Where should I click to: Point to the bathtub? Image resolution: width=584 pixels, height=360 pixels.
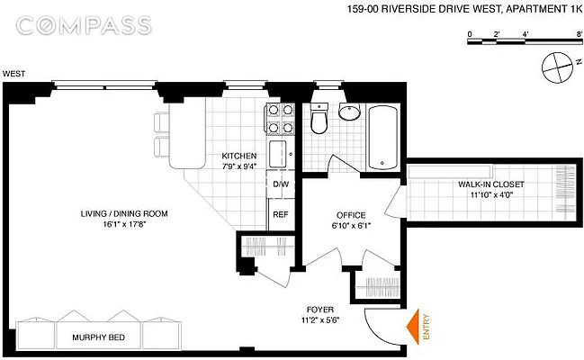pyautogui.click(x=382, y=137)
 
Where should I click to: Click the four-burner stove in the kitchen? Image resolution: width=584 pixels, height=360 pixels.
pyautogui.click(x=279, y=120)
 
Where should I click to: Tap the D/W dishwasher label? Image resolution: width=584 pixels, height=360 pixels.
pyautogui.click(x=281, y=185)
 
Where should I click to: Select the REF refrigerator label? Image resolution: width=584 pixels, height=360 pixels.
pyautogui.click(x=281, y=214)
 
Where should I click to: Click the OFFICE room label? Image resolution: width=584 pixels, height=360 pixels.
pyautogui.click(x=350, y=214)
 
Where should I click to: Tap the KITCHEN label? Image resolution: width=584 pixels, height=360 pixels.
pyautogui.click(x=238, y=156)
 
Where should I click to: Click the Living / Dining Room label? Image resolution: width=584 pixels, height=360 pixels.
pyautogui.click(x=122, y=213)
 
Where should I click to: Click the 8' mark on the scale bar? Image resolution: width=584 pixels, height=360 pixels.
pyautogui.click(x=579, y=34)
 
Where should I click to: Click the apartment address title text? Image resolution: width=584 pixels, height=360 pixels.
pyautogui.click(x=463, y=10)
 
